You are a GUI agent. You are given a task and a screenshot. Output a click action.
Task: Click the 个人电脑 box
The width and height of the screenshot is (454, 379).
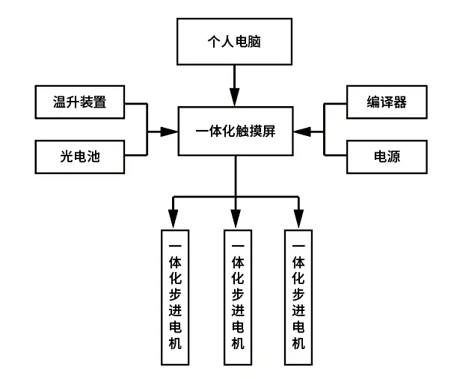(234, 41)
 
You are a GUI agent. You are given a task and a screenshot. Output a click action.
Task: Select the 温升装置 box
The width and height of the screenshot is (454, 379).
(80, 102)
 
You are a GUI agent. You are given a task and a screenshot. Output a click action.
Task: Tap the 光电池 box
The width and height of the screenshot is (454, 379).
(80, 157)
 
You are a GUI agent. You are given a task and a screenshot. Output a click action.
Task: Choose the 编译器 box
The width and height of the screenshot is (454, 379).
(387, 102)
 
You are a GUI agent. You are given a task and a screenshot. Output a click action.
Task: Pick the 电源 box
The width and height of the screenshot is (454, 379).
(387, 157)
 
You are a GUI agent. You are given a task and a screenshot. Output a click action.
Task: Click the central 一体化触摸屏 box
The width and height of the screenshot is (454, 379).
(236, 132)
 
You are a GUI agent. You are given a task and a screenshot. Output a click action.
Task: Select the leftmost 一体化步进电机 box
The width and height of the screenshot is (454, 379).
(175, 298)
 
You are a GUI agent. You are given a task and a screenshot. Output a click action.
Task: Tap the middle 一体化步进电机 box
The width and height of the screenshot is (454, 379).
(238, 298)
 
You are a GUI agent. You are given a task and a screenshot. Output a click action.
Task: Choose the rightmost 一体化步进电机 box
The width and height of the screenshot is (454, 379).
(298, 298)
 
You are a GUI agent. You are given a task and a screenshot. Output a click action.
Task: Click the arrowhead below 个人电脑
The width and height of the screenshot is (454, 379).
(235, 97)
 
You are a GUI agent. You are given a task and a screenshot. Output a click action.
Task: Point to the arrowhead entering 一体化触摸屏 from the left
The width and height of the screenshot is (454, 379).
(169, 132)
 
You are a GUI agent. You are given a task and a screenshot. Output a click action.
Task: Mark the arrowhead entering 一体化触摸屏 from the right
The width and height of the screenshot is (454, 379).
(302, 132)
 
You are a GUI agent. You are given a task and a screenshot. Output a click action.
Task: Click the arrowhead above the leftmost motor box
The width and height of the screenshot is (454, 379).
(173, 219)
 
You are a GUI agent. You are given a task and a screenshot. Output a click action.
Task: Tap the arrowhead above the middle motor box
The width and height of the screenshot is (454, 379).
(236, 219)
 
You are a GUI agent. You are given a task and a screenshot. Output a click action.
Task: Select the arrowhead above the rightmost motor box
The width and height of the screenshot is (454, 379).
(299, 219)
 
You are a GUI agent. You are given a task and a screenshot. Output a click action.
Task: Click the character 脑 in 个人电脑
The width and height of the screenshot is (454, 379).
(254, 41)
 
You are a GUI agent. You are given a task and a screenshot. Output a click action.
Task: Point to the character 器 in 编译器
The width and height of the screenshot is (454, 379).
(400, 102)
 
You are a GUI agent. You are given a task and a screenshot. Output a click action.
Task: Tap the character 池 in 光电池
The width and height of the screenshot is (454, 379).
(93, 157)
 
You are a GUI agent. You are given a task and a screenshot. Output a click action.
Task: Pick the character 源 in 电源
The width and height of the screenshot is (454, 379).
(393, 157)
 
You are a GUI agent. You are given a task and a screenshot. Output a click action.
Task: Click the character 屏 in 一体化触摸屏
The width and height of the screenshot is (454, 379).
(269, 132)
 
